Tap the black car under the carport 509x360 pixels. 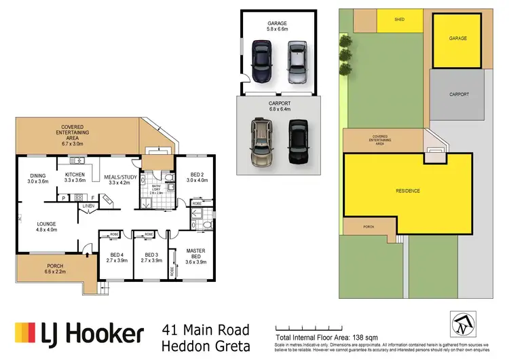click(297, 141)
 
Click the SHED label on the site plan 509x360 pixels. click(400, 20)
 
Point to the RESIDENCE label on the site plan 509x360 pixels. click(407, 191)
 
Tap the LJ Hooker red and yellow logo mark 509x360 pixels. click(25, 334)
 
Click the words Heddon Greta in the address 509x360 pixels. click(206, 346)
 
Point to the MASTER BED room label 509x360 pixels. click(195, 254)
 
